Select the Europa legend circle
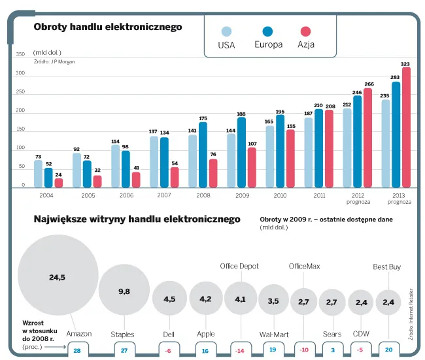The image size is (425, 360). click(267, 31)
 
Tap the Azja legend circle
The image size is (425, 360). click(305, 31)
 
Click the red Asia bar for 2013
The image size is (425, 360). click(406, 128)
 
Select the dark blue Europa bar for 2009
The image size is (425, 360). click(241, 153)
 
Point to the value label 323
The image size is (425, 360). click(405, 64)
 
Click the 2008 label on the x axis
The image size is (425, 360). click(203, 195)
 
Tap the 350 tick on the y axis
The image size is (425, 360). click(20, 54)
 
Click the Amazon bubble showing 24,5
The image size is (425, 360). click(58, 277)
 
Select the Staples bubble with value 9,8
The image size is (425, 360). click(124, 291)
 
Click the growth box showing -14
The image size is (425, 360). click(240, 351)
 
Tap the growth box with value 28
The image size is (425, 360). click(78, 351)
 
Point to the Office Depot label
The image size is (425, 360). click(239, 267)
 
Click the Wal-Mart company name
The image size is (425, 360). click(274, 334)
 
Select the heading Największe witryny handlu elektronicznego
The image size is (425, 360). click(137, 220)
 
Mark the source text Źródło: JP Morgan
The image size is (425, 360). click(54, 61)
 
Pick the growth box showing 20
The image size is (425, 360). click(388, 351)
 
